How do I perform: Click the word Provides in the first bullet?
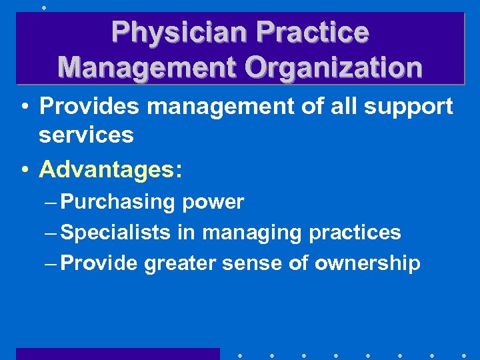tap(87, 106)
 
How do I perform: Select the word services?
tap(86, 135)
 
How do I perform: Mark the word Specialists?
tap(116, 233)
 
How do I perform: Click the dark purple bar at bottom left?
tap(117, 353)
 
